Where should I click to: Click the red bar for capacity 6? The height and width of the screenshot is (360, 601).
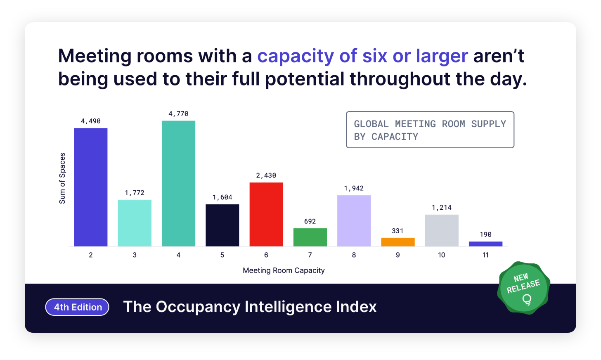click(266, 214)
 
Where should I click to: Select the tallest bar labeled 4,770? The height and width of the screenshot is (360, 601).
click(178, 183)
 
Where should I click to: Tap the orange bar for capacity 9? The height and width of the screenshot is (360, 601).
click(398, 242)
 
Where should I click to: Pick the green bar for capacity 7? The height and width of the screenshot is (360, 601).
click(310, 237)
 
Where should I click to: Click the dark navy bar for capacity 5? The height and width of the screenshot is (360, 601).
click(222, 225)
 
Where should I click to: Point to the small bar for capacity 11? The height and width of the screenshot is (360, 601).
click(485, 244)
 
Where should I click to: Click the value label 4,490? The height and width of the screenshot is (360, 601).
click(90, 121)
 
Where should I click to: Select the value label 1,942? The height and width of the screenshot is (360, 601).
click(354, 188)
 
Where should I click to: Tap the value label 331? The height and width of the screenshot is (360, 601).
click(398, 231)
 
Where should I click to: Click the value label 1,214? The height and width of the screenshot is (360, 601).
click(442, 208)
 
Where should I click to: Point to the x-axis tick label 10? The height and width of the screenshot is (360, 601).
click(442, 255)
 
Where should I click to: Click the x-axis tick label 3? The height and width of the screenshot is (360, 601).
click(135, 255)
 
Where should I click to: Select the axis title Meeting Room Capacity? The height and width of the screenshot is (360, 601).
click(284, 270)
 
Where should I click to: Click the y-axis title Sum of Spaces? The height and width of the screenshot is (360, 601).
click(62, 178)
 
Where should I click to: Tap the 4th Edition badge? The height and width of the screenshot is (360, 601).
click(77, 307)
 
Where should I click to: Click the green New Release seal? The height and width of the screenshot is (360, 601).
click(523, 288)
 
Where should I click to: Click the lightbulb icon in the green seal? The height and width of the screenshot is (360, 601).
click(527, 299)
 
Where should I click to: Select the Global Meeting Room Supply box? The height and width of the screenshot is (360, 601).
click(430, 130)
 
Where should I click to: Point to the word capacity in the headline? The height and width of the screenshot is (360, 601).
click(296, 56)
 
